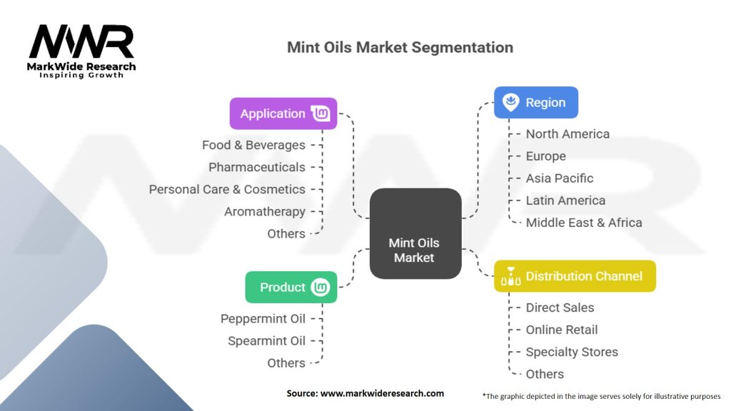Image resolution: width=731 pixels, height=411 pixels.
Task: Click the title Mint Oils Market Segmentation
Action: click(400, 48)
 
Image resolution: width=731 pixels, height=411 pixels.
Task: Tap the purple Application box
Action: click(283, 113)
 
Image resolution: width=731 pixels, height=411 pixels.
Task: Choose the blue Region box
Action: click(536, 103)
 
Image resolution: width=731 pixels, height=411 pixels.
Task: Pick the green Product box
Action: click(291, 288)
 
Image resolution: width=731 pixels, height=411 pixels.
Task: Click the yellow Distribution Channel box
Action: click(575, 276)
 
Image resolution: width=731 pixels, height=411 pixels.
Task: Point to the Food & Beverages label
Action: click(253, 145)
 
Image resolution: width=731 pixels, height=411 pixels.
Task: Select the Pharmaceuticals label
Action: click(257, 167)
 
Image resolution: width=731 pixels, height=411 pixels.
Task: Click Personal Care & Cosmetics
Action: click(227, 189)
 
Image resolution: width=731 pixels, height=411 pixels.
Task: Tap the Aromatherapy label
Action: click(265, 211)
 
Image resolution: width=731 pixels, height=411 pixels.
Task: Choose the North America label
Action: click(568, 134)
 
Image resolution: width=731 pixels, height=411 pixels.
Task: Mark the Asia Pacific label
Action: click(560, 178)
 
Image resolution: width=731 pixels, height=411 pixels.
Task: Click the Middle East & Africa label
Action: click(584, 223)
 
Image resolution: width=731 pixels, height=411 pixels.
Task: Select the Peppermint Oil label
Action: click(263, 319)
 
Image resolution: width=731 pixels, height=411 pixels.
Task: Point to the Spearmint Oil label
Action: click(266, 341)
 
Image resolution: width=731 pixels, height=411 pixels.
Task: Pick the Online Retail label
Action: click(562, 330)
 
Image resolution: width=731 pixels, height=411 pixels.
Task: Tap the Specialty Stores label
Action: click(572, 352)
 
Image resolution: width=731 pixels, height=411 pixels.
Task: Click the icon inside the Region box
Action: click(510, 103)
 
